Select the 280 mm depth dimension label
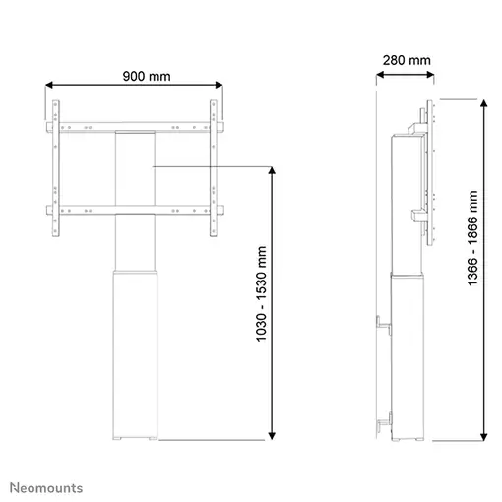tap(406, 61)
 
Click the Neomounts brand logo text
tap(46, 487)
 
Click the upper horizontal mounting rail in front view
tap(134, 127)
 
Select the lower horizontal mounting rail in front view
tap(134, 209)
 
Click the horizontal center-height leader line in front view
tap(212, 167)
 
